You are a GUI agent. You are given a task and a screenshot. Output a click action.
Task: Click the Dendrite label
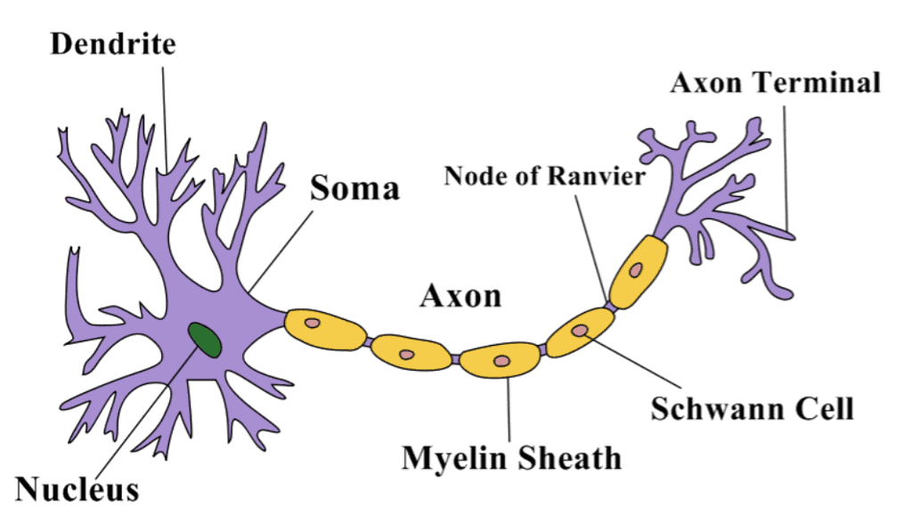[113, 44]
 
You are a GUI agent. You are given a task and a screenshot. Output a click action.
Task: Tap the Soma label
[354, 188]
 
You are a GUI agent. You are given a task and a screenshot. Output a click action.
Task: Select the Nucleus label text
[77, 488]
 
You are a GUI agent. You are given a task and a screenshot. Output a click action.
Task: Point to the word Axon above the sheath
[460, 295]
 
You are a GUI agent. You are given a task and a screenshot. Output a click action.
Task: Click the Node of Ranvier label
[544, 176]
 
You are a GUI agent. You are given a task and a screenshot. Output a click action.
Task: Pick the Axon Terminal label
[775, 83]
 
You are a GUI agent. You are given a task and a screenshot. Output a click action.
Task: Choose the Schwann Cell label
[752, 409]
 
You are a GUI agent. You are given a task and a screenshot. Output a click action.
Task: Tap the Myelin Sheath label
[511, 458]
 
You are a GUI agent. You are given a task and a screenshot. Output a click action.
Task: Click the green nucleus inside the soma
[205, 340]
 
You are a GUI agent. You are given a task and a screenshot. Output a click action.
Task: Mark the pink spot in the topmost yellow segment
[638, 269]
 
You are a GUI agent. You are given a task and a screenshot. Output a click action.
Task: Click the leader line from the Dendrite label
[166, 116]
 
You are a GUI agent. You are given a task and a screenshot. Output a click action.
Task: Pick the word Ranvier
[599, 176]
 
